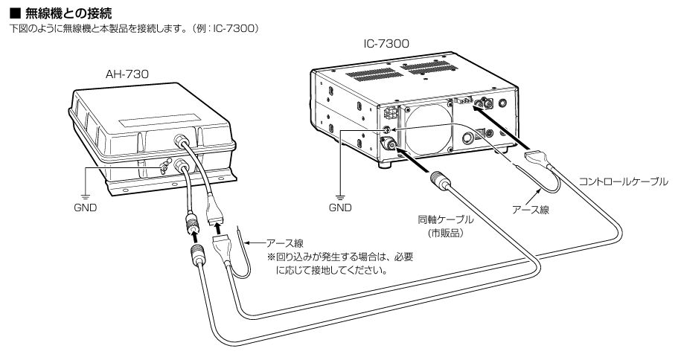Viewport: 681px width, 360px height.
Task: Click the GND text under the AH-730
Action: (85, 208)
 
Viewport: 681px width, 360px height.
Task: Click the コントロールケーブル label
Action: (624, 181)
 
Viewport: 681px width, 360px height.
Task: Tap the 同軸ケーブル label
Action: (445, 221)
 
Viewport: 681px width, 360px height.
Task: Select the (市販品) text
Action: (445, 233)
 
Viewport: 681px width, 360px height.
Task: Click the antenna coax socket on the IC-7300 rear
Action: (389, 145)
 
